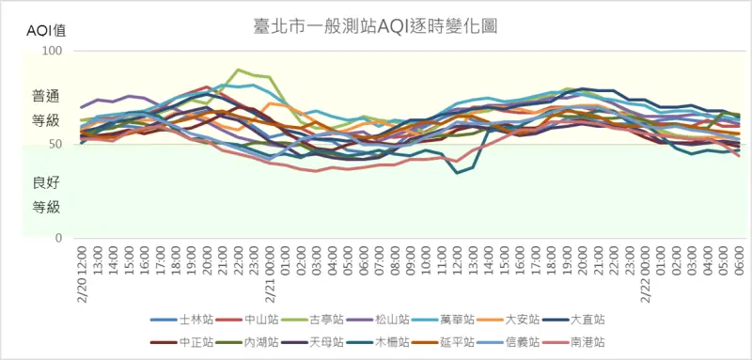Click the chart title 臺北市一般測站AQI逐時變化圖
(x=376, y=26)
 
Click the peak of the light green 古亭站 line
(x=239, y=70)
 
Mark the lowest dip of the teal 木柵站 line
(x=458, y=173)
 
